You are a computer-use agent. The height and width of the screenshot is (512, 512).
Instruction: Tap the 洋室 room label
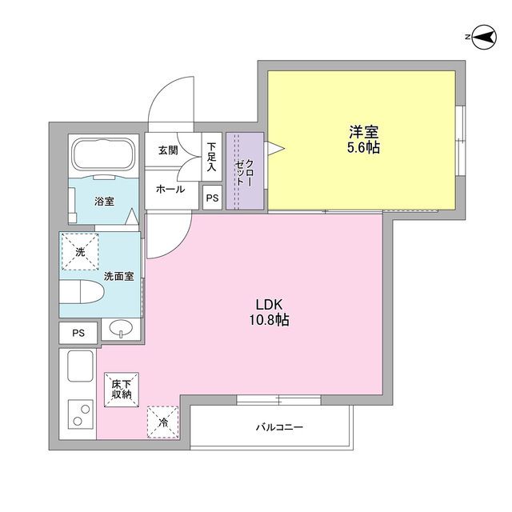362,131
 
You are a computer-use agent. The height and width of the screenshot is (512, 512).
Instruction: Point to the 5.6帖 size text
362,149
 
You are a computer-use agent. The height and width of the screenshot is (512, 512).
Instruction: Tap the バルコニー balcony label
279,427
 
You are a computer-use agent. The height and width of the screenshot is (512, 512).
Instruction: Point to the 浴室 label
104,201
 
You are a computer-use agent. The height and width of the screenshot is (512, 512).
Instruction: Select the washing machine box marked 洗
79,252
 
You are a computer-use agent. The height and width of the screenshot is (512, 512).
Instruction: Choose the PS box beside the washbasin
78,332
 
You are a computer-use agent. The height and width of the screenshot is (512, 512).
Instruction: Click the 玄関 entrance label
168,150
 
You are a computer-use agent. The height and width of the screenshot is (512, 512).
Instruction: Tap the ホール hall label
170,190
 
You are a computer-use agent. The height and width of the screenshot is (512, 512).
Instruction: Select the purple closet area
243,171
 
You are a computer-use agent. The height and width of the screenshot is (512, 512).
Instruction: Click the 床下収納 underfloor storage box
121,390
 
